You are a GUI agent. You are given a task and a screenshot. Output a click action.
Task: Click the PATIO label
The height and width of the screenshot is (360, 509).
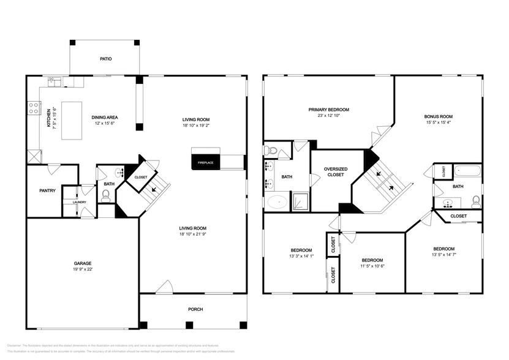[x=106, y=59]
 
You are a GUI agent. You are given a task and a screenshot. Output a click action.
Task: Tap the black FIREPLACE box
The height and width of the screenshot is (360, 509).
[x=205, y=162]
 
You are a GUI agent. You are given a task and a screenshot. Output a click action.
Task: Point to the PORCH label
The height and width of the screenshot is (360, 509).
[x=195, y=309]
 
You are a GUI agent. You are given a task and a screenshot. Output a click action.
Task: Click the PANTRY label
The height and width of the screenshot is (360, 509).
[x=48, y=190]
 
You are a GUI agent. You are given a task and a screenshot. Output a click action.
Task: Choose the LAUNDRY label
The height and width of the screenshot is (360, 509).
[x=80, y=202]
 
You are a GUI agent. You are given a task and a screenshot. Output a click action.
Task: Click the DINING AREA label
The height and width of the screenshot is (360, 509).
[x=105, y=118]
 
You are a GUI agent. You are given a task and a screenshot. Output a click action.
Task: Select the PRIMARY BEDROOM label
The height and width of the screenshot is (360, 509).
[x=328, y=110]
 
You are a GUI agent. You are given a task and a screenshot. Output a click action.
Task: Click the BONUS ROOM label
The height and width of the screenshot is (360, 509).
[x=438, y=116]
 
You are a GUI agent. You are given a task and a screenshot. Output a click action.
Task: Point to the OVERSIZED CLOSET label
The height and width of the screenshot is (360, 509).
[x=336, y=171]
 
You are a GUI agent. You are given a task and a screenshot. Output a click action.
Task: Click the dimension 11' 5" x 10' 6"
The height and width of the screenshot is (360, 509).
[x=372, y=266]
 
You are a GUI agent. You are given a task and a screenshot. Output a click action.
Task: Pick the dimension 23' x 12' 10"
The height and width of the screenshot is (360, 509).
[x=328, y=116]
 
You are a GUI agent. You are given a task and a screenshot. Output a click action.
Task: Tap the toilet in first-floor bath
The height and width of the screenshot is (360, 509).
[x=105, y=195]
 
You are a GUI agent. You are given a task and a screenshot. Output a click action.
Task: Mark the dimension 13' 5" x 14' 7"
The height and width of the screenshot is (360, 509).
[x=444, y=254]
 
